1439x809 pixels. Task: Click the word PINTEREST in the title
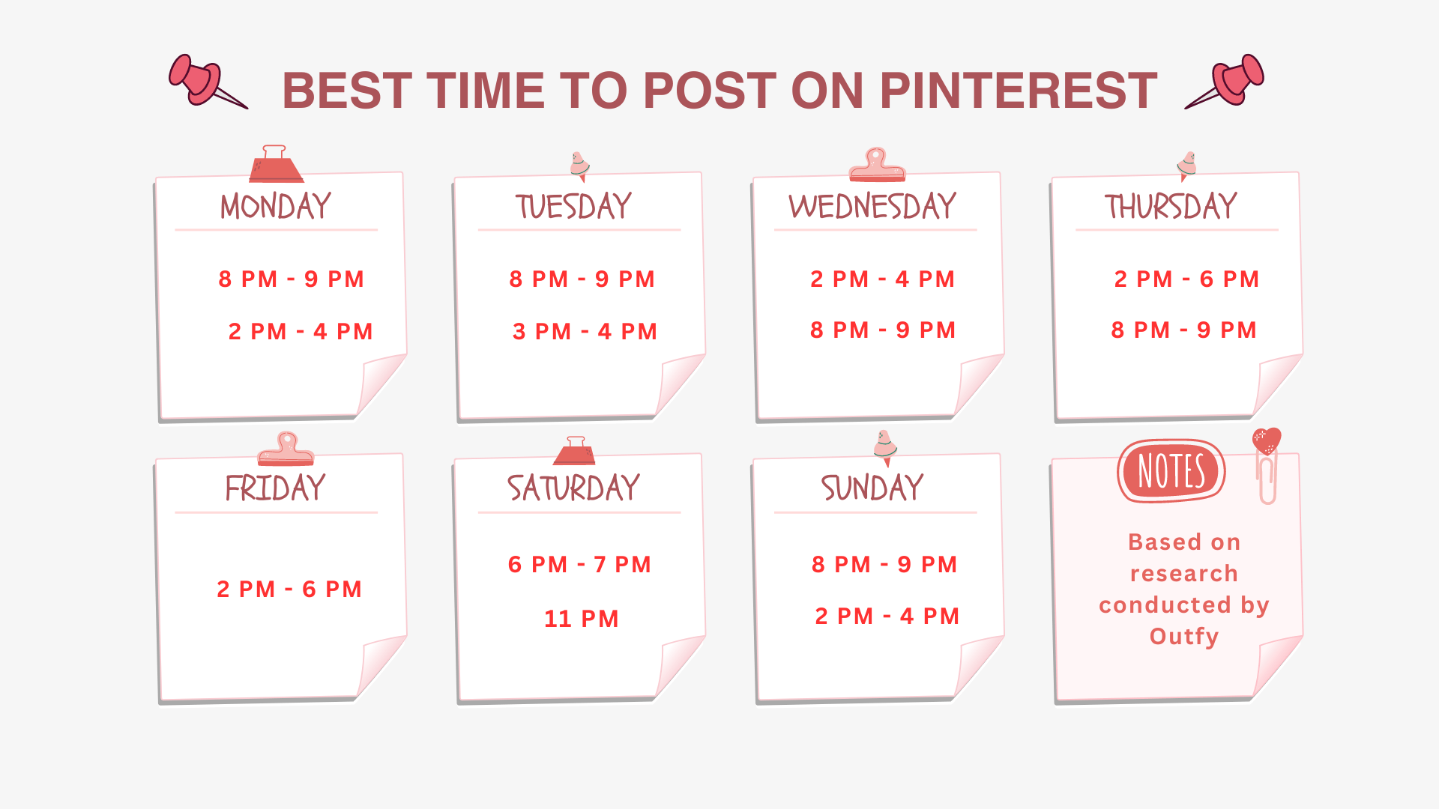point(1019,91)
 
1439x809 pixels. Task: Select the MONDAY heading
point(276,206)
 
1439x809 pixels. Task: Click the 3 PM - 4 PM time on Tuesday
point(585,331)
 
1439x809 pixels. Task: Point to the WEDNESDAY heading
point(872,206)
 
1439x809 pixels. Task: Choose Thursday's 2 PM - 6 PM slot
point(1186,279)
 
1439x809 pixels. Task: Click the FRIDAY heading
point(275,488)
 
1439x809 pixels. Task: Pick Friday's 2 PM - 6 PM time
point(289,589)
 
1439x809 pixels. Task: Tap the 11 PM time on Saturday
point(581,619)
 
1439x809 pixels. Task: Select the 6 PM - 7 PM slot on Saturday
point(579,564)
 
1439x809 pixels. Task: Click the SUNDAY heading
point(872,488)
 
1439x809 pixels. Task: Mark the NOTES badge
point(1171,471)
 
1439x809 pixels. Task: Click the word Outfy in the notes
point(1184,636)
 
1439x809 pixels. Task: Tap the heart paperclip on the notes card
point(1267,464)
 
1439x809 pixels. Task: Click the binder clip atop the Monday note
point(276,164)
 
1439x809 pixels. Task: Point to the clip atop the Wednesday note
point(877,165)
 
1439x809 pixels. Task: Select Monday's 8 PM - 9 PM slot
point(292,279)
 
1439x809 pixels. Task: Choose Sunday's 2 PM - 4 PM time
point(887,616)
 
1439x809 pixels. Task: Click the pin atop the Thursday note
point(1186,166)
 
